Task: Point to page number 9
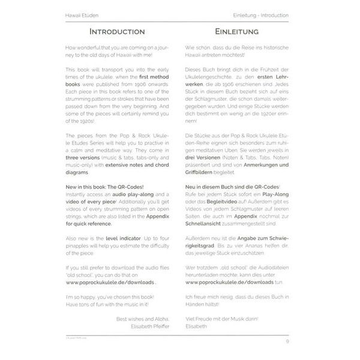(287, 341)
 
